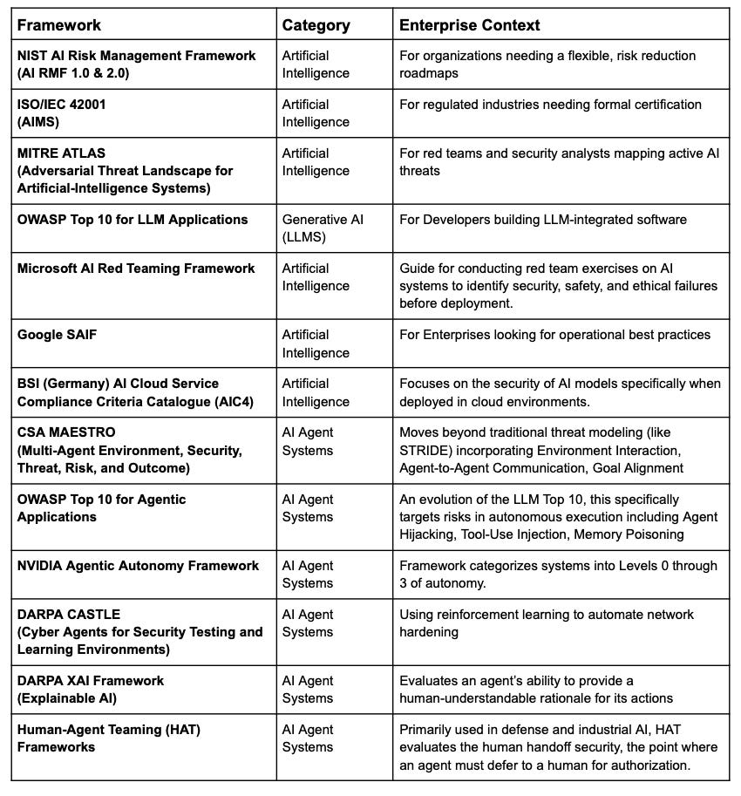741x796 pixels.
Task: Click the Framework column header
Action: point(59,25)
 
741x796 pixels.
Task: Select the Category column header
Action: point(315,25)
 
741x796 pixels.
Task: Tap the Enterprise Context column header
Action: point(469,25)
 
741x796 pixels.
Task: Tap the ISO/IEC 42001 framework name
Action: point(62,105)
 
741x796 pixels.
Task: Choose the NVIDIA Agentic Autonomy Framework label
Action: point(138,566)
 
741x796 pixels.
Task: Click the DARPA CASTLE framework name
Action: point(69,615)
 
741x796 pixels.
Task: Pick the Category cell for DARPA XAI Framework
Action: point(308,689)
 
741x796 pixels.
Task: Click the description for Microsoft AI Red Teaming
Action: point(558,286)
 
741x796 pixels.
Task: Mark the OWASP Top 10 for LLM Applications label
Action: point(133,220)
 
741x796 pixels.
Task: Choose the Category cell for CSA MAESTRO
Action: point(308,441)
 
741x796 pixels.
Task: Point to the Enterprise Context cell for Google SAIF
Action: point(554,335)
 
